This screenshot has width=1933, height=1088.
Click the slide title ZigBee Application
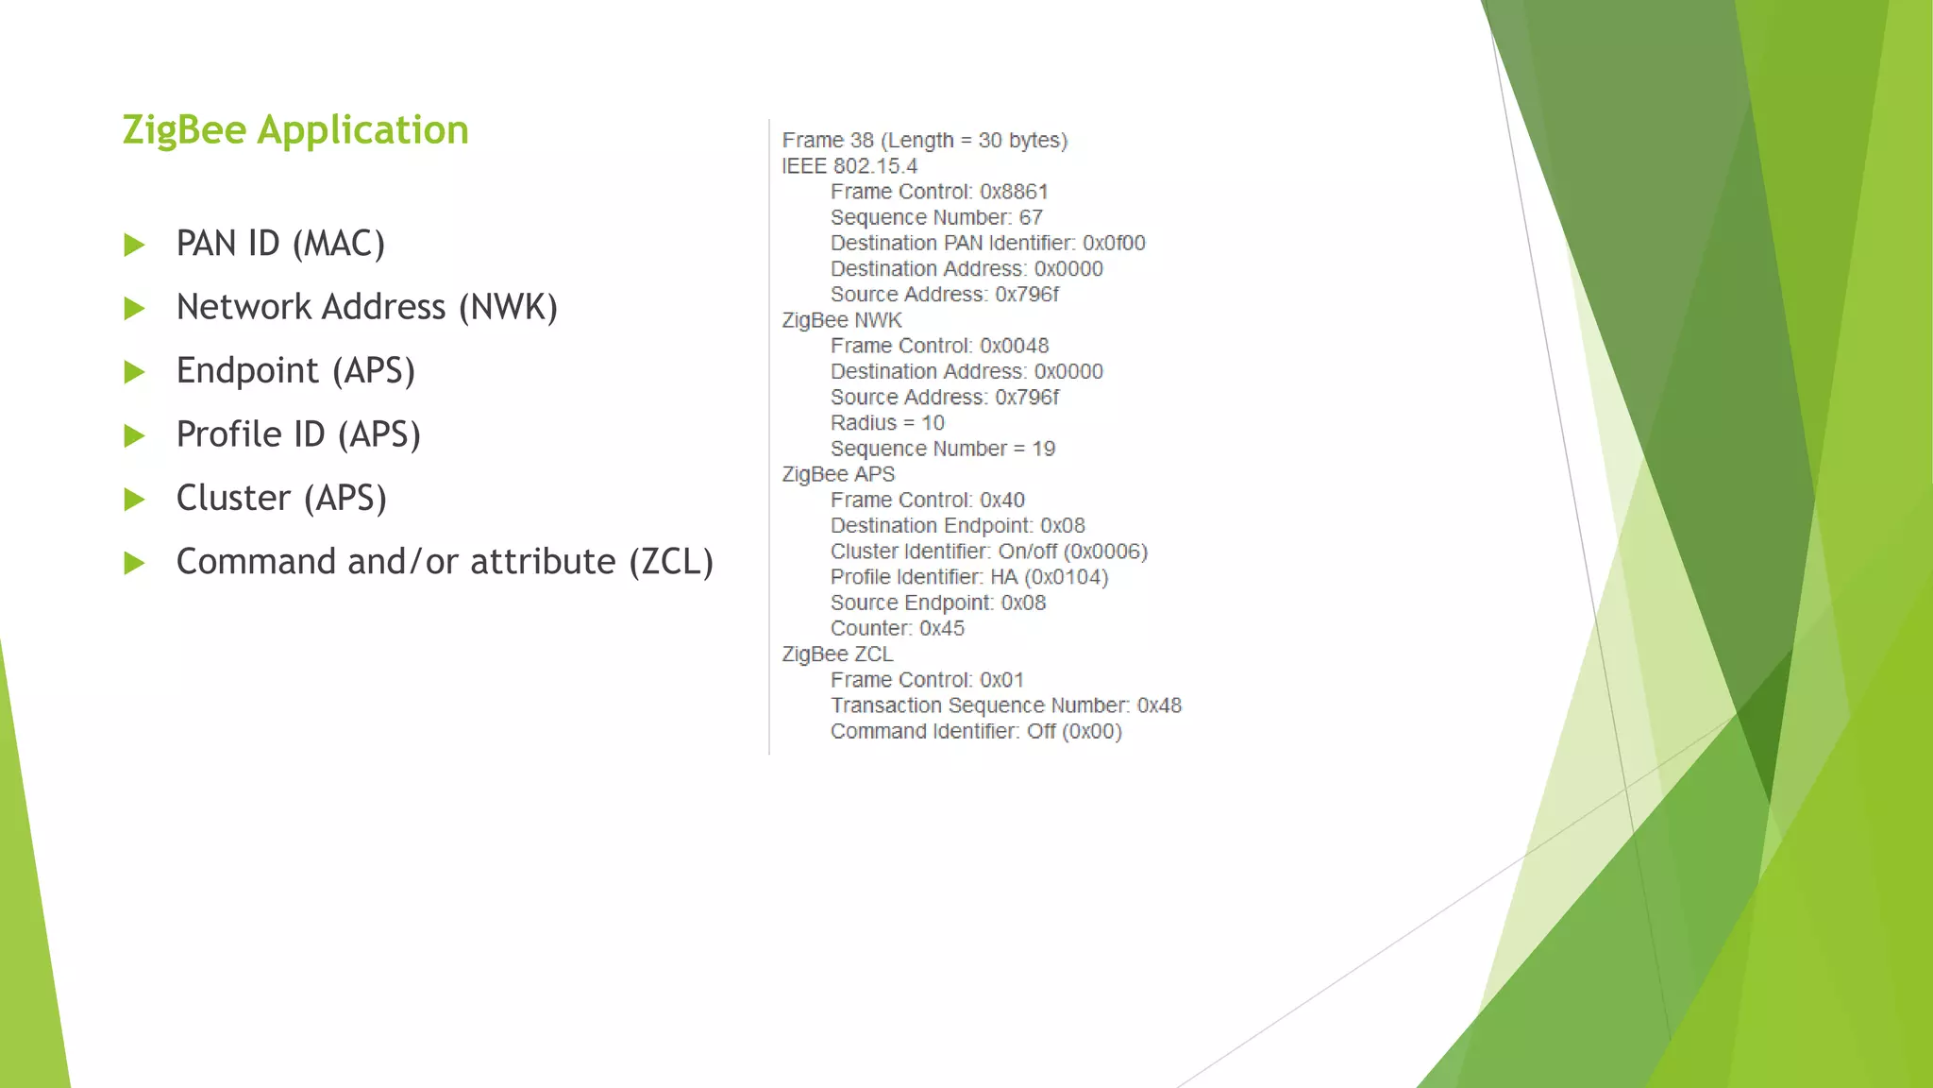click(x=295, y=130)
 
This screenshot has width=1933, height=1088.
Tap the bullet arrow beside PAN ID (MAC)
click(x=135, y=246)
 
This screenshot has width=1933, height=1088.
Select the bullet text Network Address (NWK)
click(x=366, y=308)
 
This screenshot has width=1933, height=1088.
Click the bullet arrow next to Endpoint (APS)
click(x=135, y=372)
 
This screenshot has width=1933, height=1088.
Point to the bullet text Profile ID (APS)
click(x=298, y=435)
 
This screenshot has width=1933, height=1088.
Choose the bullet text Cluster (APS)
click(x=281, y=499)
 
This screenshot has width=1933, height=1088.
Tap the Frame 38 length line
click(x=924, y=141)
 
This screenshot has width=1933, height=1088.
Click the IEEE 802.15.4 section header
click(x=849, y=166)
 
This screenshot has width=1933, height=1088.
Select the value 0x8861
click(x=1014, y=192)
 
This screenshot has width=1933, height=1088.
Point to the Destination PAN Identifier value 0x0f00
click(x=1114, y=244)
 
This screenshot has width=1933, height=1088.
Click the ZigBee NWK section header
click(x=842, y=320)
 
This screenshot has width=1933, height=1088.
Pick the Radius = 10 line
click(x=887, y=423)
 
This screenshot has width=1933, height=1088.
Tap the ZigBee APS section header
click(x=838, y=474)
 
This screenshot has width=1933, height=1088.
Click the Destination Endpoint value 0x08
click(x=1063, y=526)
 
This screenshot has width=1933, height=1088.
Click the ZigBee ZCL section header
click(x=837, y=654)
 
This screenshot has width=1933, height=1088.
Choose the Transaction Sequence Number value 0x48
click(x=1159, y=705)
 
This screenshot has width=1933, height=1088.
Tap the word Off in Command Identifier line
click(x=1041, y=732)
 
